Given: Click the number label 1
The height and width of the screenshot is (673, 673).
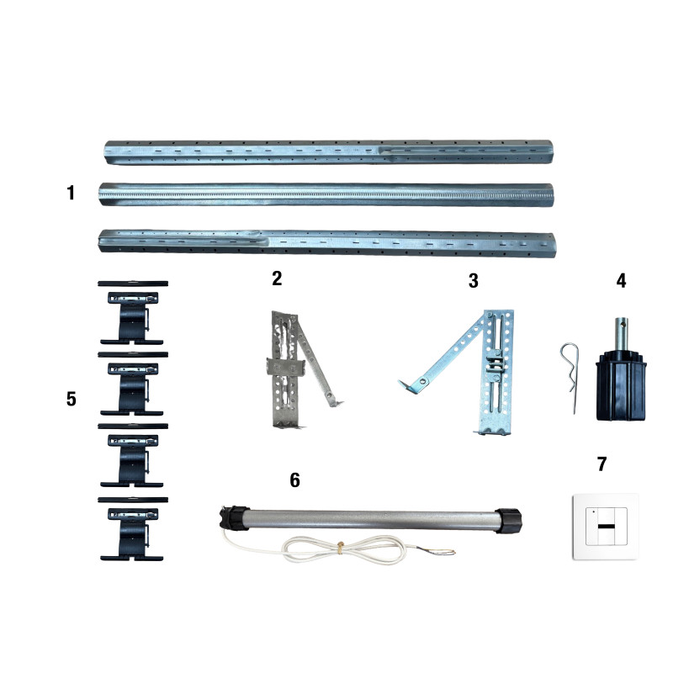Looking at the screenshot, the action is (x=71, y=193).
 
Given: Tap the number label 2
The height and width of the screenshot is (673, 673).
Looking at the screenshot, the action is (x=278, y=278).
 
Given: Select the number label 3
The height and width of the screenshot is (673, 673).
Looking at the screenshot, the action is (x=474, y=281).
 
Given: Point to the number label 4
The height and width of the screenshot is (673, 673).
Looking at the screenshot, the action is (x=621, y=281).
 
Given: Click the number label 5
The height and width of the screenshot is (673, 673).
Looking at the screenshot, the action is (x=72, y=399).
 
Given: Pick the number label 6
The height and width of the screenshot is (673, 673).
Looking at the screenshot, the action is (x=295, y=480).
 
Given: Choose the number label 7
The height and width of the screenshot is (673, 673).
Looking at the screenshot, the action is (x=601, y=464).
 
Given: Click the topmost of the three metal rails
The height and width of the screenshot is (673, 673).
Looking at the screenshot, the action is (x=329, y=152).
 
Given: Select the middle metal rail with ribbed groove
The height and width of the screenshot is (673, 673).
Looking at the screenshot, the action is (x=326, y=195).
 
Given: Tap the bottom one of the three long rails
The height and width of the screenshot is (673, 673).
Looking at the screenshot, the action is (x=327, y=243).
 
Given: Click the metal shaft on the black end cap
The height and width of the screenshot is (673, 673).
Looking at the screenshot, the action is (x=621, y=334).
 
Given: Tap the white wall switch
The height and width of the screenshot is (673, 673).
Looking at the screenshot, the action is (x=606, y=527).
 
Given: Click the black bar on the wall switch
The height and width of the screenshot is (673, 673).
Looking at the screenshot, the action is (x=606, y=527).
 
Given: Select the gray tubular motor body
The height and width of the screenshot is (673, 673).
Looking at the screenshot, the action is (x=372, y=520).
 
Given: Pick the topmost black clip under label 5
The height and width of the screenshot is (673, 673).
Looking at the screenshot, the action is (x=133, y=313).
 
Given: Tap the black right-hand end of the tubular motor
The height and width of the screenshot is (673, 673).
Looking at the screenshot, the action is (x=508, y=521).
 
